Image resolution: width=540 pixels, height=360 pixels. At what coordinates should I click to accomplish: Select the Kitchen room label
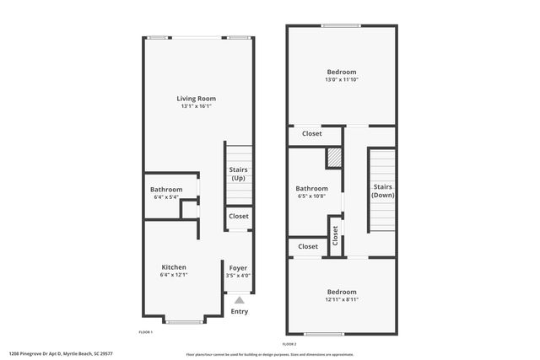pyautogui.click(x=174, y=266)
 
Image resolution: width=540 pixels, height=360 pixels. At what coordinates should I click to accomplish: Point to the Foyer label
pyautogui.click(x=239, y=267)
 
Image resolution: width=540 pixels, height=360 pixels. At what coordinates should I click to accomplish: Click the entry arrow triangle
pyautogui.click(x=239, y=299)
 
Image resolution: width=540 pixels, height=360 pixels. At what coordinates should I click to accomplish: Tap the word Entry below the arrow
pyautogui.click(x=240, y=311)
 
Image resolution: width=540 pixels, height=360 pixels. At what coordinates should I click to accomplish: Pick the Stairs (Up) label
pyautogui.click(x=239, y=174)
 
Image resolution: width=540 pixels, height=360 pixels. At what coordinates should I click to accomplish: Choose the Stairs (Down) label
pyautogui.click(x=383, y=191)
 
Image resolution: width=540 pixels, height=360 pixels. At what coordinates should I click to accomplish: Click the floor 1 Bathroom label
pyautogui.click(x=165, y=190)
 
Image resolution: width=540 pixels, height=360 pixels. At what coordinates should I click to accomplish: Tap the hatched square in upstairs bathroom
pyautogui.click(x=334, y=159)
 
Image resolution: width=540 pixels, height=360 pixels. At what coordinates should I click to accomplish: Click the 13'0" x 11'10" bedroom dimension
pyautogui.click(x=341, y=80)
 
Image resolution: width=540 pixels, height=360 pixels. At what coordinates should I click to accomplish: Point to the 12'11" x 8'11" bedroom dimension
pyautogui.click(x=341, y=299)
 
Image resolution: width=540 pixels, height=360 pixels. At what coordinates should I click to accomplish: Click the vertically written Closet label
pyautogui.click(x=335, y=234)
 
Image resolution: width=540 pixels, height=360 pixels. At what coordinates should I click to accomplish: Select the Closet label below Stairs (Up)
pyautogui.click(x=239, y=217)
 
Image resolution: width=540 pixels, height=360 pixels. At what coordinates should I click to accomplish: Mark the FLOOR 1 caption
pyautogui.click(x=145, y=332)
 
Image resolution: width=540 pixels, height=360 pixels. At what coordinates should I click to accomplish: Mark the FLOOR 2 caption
pyautogui.click(x=290, y=344)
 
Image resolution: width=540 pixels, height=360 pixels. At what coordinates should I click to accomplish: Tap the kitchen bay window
pyautogui.click(x=183, y=321)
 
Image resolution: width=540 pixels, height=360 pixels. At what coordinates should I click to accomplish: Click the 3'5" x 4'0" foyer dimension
pyautogui.click(x=239, y=276)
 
